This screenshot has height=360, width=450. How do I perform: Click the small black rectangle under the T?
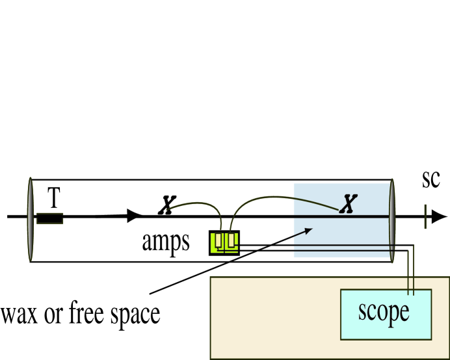pos(49,218)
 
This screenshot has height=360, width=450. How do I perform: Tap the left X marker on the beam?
pos(167,206)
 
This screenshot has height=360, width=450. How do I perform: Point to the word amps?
pos(166,241)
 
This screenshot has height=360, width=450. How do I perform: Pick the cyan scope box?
pos(384,314)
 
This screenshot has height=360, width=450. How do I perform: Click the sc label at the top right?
pos(430,179)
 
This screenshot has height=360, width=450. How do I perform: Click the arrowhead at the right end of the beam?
pos(440,216)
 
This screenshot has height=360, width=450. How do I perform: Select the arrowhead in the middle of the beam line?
pos(135,215)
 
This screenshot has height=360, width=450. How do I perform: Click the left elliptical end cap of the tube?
pos(30,217)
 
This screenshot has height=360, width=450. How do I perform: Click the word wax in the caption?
pos(18,315)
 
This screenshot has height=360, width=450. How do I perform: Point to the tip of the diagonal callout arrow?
pos(313,228)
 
